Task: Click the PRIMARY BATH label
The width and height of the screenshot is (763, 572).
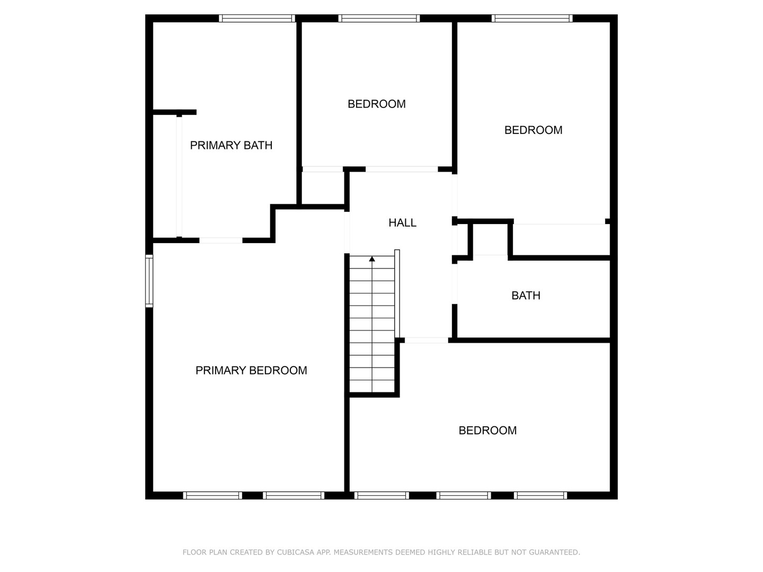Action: click(231, 145)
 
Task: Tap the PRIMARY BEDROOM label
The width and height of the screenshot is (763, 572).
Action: click(251, 370)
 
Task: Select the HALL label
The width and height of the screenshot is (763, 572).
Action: click(402, 223)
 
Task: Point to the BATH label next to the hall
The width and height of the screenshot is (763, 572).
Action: click(526, 296)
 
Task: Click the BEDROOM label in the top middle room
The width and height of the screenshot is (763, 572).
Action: click(376, 104)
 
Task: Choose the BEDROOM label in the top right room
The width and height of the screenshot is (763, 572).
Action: click(533, 130)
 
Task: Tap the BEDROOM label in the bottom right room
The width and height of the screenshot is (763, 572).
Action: click(487, 431)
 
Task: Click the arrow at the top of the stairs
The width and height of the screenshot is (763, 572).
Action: click(372, 259)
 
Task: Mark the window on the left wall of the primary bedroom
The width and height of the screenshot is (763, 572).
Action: click(149, 281)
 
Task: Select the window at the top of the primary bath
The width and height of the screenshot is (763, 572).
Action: click(257, 19)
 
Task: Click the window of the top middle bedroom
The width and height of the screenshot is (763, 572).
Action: click(379, 19)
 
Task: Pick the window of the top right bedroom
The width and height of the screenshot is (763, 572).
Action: click(532, 19)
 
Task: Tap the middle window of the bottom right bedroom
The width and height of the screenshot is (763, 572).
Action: click(463, 496)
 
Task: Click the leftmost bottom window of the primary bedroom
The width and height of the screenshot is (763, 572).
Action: click(212, 496)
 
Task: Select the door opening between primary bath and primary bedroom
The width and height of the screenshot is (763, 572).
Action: click(221, 240)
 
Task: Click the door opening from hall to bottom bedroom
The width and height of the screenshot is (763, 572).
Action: click(427, 340)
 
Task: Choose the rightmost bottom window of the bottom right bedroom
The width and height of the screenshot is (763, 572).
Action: click(540, 496)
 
